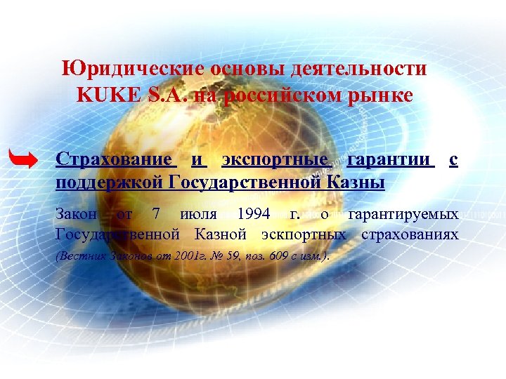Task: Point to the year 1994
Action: [x=254, y=213]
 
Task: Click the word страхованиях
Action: [x=410, y=233]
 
